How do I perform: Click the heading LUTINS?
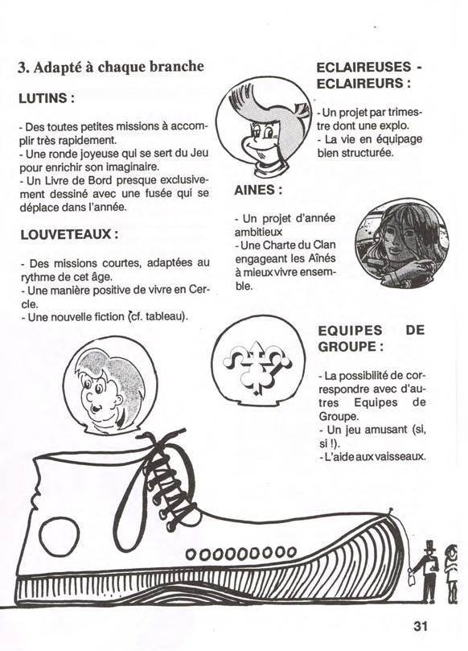pos(47,98)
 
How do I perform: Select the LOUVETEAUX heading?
pos(69,234)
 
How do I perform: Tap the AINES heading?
pos(258,190)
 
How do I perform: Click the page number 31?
pos(420,626)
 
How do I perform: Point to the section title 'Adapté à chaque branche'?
pos(111,67)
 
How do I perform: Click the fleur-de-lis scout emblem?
pos(257,366)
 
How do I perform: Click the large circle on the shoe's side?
pos(60,537)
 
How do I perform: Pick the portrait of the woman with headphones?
pos(401,243)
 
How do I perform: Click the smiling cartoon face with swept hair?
pos(263,127)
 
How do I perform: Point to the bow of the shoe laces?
pos(157,439)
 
